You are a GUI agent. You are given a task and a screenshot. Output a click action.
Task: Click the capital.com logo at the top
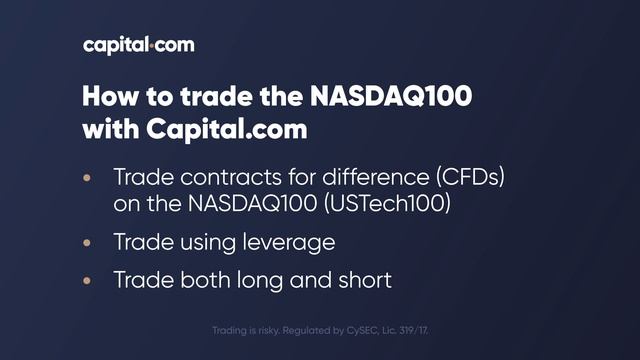coord(139,45)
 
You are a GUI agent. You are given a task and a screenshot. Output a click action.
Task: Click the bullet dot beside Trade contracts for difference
coord(87,178)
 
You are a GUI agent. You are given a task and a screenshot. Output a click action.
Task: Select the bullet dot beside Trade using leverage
coord(87,242)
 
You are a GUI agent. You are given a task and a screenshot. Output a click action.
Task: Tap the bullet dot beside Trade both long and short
coord(87,279)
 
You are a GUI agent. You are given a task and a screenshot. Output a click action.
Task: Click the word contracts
coord(223,178)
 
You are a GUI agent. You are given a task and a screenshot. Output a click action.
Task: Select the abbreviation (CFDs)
coord(469,178)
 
